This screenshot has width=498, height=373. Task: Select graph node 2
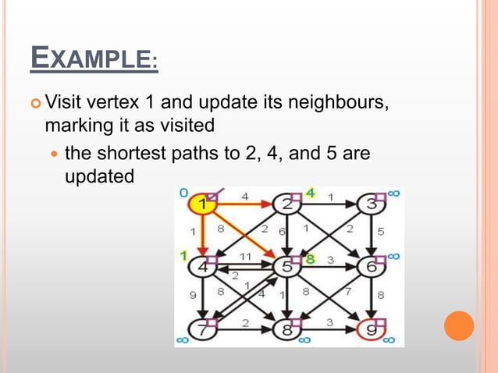(x=288, y=205)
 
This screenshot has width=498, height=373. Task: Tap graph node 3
(x=370, y=205)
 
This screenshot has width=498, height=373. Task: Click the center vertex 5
(x=288, y=267)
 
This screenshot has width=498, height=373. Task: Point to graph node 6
(x=370, y=267)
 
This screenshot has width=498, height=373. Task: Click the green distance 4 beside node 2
(x=310, y=192)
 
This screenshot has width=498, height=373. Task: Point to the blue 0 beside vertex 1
(x=183, y=192)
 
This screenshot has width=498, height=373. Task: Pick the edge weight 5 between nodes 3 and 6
(x=381, y=232)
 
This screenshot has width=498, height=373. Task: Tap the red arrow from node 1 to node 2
(x=246, y=205)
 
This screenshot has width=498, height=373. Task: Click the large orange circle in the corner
(x=459, y=325)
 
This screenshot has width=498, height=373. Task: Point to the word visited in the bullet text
(x=187, y=125)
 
